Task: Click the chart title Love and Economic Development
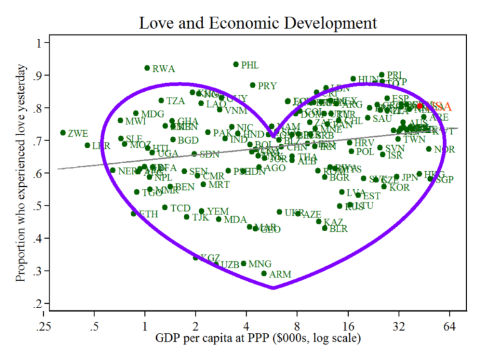pos(257,23)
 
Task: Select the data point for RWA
pos(147,68)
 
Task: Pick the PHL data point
pos(236,64)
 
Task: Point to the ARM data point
pos(264,274)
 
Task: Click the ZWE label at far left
pos(78,133)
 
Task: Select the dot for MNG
pos(244,264)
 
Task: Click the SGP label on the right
pos(444,180)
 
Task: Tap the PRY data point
pos(252,85)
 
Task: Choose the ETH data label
pos(148,214)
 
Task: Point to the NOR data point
pos(429,149)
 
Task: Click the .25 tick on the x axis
pos(44,325)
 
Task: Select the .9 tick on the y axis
pos(43,76)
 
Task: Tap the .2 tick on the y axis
pos(43,304)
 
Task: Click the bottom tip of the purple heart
pos(274,288)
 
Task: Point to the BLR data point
pos(324,228)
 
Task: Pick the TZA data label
pos(176,101)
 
